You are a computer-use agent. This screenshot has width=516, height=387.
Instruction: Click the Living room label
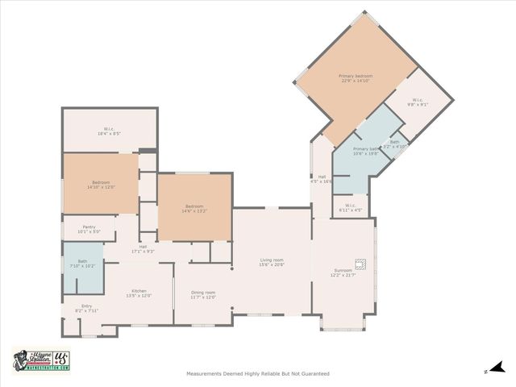[x=272, y=260]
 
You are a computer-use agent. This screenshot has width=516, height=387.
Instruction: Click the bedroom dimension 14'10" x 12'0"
[x=102, y=186]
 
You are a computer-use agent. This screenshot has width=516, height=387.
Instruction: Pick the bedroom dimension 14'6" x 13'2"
[x=194, y=210]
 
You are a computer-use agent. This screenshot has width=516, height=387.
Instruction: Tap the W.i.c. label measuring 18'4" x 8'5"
[x=107, y=133]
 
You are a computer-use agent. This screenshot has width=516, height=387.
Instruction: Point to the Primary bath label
[x=365, y=149]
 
